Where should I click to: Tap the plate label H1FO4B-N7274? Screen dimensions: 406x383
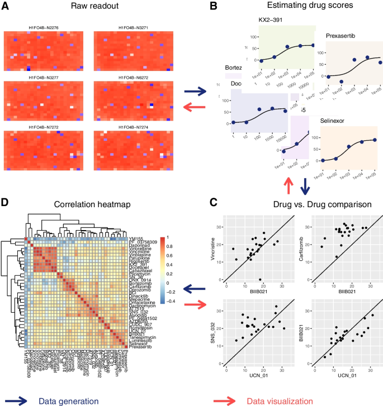(129, 127)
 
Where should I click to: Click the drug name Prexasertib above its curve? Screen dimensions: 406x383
(341, 36)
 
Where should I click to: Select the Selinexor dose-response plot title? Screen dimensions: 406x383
(335, 121)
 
